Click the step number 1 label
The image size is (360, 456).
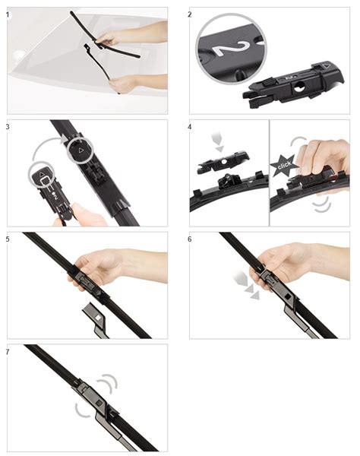[x=8, y=14]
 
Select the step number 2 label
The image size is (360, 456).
[x=190, y=14]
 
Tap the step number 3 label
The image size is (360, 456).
[x=8, y=127]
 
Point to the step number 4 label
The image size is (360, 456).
[x=190, y=127]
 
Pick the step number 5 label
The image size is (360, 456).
[x=8, y=239]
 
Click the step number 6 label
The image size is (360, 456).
[x=190, y=239]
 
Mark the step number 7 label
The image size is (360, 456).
[x=8, y=352]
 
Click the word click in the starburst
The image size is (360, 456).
[x=285, y=165]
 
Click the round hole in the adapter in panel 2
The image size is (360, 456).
[x=298, y=87]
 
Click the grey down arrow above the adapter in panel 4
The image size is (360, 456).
[x=218, y=141]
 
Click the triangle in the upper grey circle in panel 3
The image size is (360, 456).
[x=81, y=150]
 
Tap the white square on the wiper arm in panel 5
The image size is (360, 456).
[x=98, y=317]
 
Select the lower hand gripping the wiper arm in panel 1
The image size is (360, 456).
[x=137, y=82]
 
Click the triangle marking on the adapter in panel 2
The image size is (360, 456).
[x=326, y=65]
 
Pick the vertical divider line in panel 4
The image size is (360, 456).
[x=270, y=173]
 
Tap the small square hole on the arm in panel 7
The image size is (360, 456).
[x=99, y=403]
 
